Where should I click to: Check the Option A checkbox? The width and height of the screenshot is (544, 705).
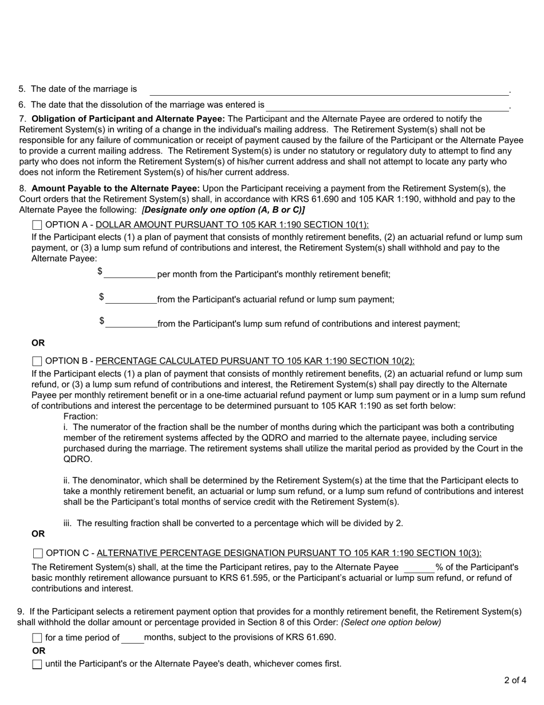pyautogui.click(x=37, y=225)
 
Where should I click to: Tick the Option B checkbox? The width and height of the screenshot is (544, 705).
pyautogui.click(x=37, y=361)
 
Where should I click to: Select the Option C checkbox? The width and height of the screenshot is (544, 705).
pyautogui.click(x=38, y=553)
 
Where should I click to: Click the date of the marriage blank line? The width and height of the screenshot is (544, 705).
pyautogui.click(x=329, y=90)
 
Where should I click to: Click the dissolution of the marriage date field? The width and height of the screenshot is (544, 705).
pyautogui.click(x=387, y=105)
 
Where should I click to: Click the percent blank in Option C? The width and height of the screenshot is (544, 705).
pyautogui.click(x=419, y=568)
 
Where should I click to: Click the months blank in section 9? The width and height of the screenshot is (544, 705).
pyautogui.click(x=133, y=638)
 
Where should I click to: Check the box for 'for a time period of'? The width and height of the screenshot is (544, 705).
pyautogui.click(x=37, y=638)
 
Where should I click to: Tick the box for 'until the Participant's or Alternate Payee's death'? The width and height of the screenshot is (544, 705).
pyautogui.click(x=37, y=664)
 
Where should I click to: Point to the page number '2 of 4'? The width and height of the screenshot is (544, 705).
pyautogui.click(x=515, y=681)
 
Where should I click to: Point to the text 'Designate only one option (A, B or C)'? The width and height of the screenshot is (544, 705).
pyautogui.click(x=223, y=210)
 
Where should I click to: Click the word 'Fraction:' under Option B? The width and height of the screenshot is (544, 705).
pyautogui.click(x=81, y=417)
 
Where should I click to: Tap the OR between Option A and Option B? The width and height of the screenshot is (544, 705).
pyautogui.click(x=38, y=343)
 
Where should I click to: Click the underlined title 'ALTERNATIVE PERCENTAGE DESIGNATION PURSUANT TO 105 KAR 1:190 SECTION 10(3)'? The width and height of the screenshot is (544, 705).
pyautogui.click(x=289, y=553)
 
